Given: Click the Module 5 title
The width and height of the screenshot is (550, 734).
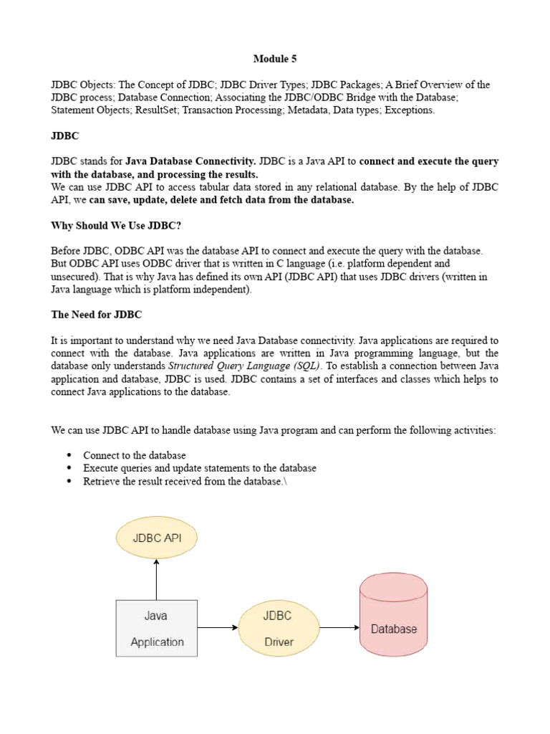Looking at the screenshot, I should pos(275,59).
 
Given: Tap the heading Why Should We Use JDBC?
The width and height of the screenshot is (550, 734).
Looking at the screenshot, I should pos(117,225).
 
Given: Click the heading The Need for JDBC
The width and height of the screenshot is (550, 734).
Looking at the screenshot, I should pos(96,315).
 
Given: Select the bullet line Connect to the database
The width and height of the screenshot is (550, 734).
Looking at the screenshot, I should pos(135,455).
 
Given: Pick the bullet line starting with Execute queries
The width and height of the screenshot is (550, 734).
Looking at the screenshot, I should pos(199,468).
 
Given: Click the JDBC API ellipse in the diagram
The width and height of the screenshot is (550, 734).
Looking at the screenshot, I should pos(156,538).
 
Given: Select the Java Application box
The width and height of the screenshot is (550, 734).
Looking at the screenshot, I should pos(156,628).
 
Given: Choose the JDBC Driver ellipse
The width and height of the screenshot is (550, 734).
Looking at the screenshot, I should pos(278,628).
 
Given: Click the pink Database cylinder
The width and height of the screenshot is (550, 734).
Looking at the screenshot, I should pos(393,619).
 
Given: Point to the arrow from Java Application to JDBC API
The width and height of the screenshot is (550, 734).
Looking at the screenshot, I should pos(156,579).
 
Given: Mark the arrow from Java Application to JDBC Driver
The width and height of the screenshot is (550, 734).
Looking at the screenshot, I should pos(218,628).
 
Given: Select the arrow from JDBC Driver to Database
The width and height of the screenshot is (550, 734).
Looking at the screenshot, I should pos(339,628).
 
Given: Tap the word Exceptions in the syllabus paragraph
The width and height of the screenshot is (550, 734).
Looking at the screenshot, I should pos(409,110).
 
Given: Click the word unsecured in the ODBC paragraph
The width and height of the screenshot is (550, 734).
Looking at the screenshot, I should pos(75,276).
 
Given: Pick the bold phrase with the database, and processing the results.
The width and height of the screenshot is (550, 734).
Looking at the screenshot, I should pos(155,174).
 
